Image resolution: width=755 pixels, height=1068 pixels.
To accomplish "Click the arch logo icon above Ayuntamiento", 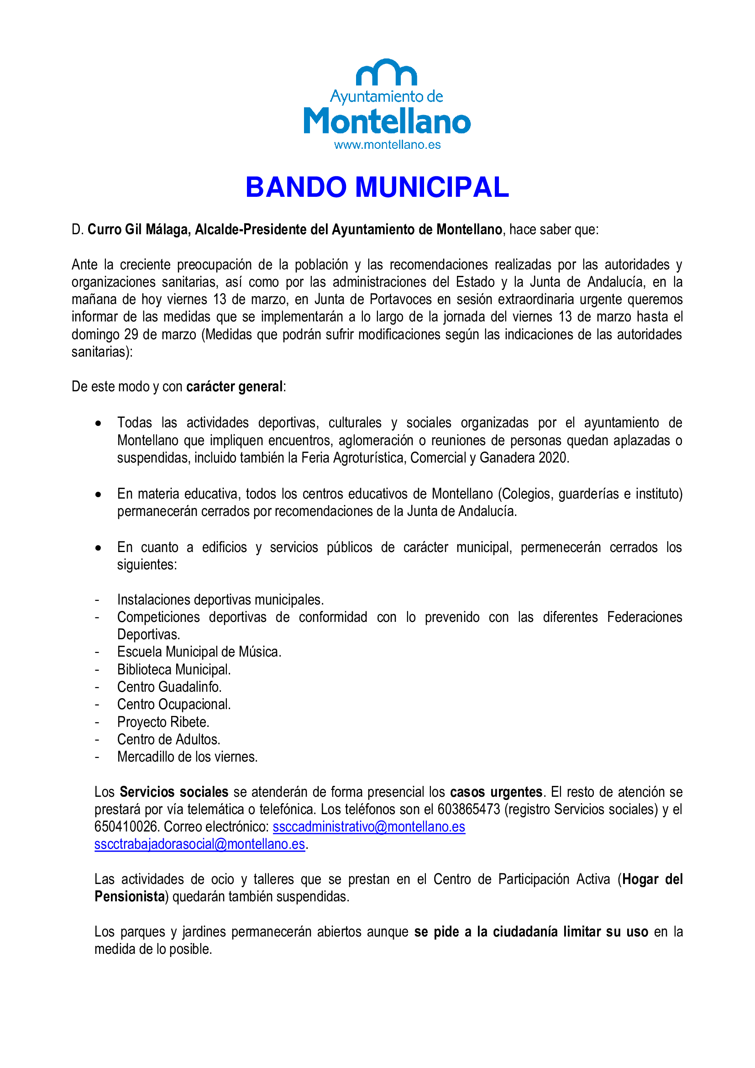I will pyautogui.click(x=386, y=73).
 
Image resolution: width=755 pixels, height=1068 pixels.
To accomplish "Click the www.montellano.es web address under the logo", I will pyautogui.click(x=387, y=145).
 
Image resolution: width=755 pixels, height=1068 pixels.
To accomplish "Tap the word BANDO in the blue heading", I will pyautogui.click(x=296, y=187).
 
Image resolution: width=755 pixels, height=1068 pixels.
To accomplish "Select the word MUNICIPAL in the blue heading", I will pyautogui.click(x=432, y=187).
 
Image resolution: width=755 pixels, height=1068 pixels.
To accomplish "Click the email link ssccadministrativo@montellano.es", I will pyautogui.click(x=369, y=826).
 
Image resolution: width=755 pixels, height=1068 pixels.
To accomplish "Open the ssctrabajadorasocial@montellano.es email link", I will pyautogui.click(x=199, y=844).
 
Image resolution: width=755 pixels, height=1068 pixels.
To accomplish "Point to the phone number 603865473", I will pyautogui.click(x=469, y=809).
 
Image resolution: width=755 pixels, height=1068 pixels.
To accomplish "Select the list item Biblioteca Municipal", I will pyautogui.click(x=174, y=669).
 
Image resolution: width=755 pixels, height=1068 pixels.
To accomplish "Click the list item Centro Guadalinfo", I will pyautogui.click(x=169, y=687).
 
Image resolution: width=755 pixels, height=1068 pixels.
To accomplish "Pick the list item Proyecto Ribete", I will pyautogui.click(x=163, y=722).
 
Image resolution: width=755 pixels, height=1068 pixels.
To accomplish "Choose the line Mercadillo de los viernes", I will pyautogui.click(x=187, y=757).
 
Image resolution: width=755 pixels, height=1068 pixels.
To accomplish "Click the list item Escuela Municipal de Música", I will pyautogui.click(x=199, y=652).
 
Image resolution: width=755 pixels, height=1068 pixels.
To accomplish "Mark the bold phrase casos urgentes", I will pyautogui.click(x=496, y=792).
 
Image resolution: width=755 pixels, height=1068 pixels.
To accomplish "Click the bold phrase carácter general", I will pyautogui.click(x=234, y=387).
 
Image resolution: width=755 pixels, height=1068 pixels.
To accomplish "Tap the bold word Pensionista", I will pyautogui.click(x=130, y=896).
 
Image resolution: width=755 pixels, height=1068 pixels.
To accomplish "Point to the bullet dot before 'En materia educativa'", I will pyautogui.click(x=98, y=495).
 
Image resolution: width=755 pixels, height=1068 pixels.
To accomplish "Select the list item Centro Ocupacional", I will pyautogui.click(x=174, y=704).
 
